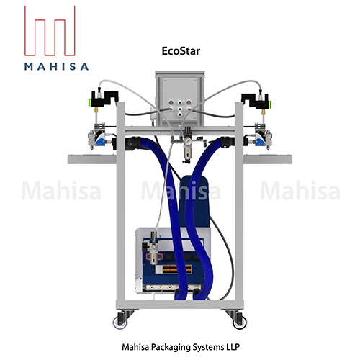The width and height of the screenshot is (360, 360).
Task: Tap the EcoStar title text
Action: tap(180, 51)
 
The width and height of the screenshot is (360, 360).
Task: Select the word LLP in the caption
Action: tap(233, 346)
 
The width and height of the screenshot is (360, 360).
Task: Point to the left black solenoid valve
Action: tap(103, 100)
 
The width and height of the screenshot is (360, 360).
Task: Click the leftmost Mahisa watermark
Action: tap(55, 192)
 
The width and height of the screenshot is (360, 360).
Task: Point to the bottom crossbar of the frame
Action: tap(180, 303)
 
